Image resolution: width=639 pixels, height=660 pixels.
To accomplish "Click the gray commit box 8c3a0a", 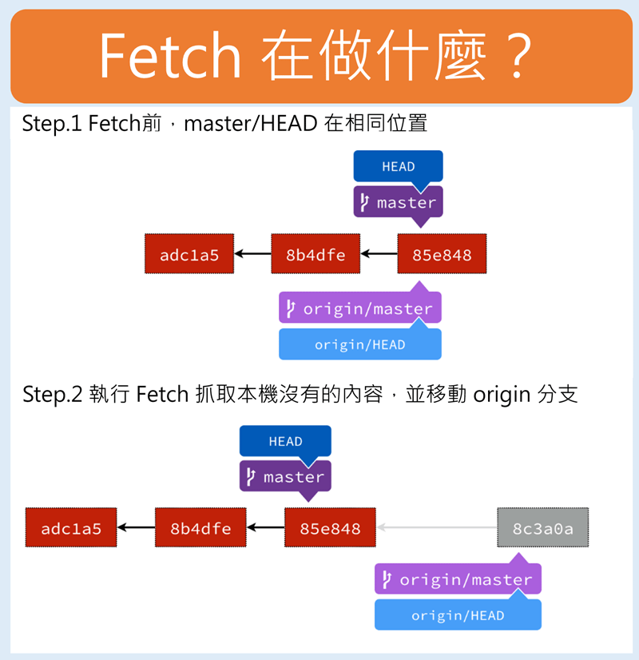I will coord(543,527).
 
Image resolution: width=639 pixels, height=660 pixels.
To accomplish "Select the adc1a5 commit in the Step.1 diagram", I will coord(189,255).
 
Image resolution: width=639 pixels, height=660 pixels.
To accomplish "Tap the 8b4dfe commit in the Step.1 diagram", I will coord(316,255).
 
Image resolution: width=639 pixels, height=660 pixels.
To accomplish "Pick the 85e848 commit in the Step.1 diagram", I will coord(442,255).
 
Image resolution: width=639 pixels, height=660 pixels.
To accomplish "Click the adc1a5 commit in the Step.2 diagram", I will coord(70,528).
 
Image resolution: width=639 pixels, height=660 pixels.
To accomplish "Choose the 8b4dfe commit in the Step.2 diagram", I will coord(200,528).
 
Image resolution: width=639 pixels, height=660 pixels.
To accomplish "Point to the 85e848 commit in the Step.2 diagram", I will coord(330,528).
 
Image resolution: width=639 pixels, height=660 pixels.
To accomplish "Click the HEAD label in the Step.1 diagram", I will coord(398,166).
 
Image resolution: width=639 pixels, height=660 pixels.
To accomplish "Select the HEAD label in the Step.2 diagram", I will coord(285,441).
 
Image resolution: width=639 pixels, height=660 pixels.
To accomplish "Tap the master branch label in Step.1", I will coord(398,202).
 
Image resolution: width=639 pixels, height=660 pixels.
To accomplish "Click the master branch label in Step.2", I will coord(285,477).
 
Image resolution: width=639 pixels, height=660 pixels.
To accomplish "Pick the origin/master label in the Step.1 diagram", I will coord(360,308).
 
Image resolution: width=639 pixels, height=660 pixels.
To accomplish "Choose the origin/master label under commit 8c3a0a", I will coord(458,579).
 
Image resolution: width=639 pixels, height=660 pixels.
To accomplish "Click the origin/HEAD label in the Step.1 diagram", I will coord(360,344).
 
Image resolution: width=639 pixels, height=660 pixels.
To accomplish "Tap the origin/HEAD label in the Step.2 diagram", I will coord(458,615).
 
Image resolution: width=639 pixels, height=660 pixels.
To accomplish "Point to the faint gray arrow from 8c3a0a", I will coord(437,527).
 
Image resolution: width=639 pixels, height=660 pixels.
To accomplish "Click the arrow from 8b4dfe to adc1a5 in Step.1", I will coord(252,255).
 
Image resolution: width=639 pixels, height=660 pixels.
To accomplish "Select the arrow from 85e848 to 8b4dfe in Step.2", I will coord(265,527).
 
